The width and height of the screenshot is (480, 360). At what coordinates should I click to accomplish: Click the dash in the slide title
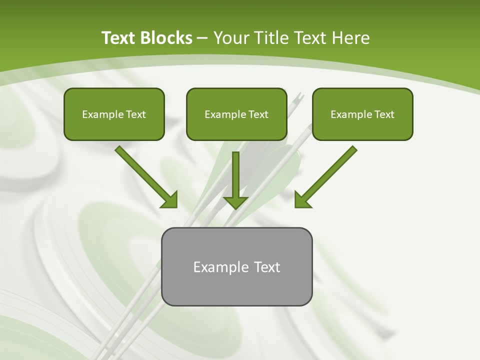[202, 38]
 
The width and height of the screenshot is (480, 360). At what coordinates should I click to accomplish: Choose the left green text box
[114, 114]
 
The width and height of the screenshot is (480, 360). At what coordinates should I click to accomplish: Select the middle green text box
[236, 114]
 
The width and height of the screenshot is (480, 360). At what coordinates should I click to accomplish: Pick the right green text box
[362, 114]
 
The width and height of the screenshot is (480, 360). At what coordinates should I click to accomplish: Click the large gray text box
[237, 266]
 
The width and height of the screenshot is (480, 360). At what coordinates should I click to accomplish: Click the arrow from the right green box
[327, 175]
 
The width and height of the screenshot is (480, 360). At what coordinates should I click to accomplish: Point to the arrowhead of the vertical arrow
[235, 201]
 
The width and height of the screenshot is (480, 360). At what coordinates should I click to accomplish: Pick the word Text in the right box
[384, 114]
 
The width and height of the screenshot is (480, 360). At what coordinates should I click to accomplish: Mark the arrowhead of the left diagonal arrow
[170, 200]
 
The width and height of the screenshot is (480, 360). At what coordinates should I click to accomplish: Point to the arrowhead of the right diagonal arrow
[302, 200]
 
